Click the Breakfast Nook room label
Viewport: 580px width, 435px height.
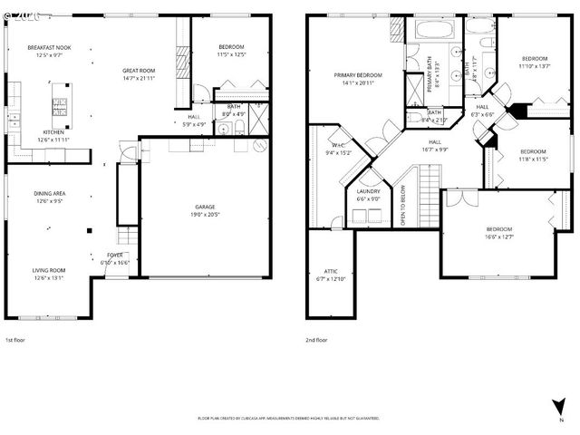[48, 46]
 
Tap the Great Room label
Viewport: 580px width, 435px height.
[140, 70]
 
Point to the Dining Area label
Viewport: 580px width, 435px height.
[48, 193]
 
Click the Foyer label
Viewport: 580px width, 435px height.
[115, 255]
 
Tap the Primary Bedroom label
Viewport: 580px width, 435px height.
[357, 75]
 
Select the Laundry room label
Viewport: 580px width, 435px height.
[368, 191]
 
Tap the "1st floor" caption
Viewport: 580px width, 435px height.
[16, 340]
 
